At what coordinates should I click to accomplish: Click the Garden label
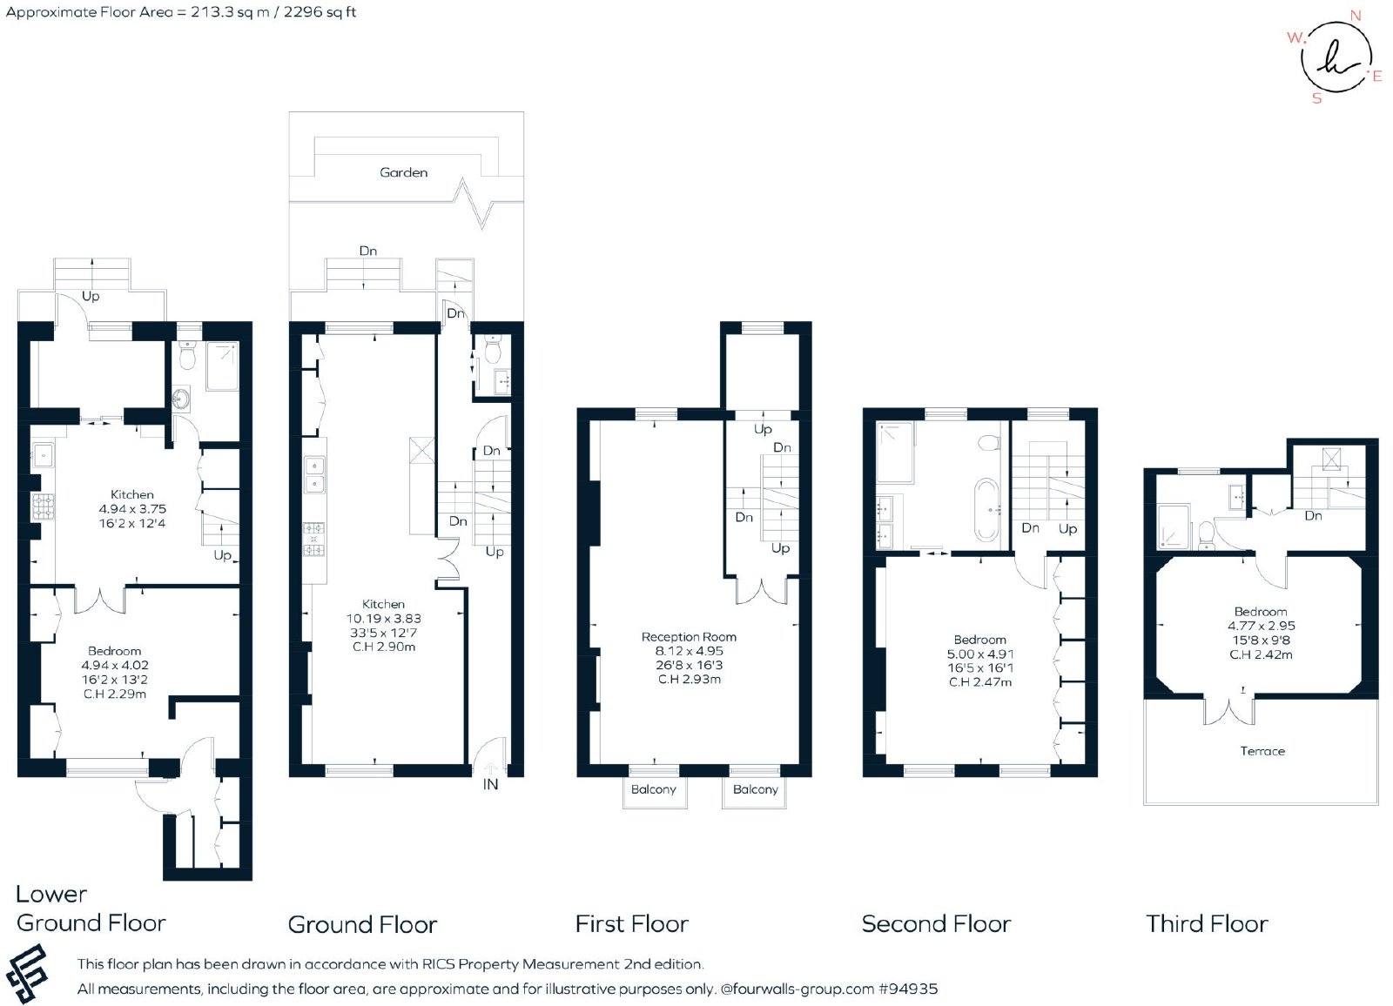coord(404,172)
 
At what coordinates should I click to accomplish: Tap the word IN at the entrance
coord(491,785)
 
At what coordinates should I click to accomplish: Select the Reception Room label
coord(689,637)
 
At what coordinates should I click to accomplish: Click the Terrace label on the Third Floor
coord(1262,751)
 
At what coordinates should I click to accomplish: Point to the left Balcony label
coord(654,789)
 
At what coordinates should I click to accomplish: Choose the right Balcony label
coord(756,789)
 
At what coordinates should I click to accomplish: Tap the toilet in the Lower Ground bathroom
coord(187,355)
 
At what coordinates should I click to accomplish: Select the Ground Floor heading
coord(362,924)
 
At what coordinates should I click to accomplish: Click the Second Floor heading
coord(937,924)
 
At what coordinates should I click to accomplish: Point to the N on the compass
coord(1356,16)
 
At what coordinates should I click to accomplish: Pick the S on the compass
coord(1316,98)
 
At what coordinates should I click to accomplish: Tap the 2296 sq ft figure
coord(320,12)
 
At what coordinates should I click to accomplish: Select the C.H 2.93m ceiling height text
coord(689,680)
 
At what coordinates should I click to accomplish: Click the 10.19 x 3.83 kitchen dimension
coord(384,619)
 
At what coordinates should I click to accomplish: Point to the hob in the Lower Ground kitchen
coord(43,506)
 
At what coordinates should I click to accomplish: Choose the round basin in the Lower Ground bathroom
coord(182,399)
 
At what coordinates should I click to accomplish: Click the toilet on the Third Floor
coord(1207,536)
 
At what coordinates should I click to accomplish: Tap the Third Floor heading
coord(1207,924)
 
